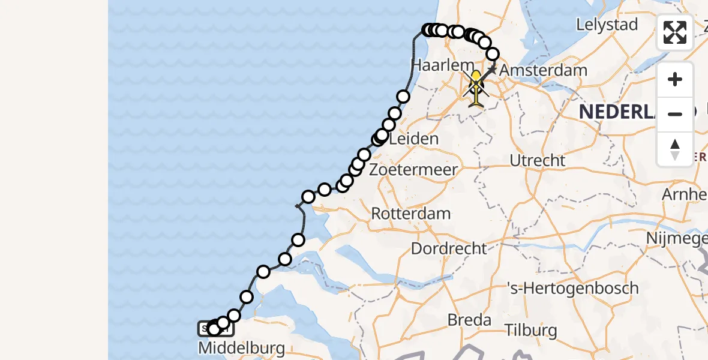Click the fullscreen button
tap(675, 32)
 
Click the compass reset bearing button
tap(675, 149)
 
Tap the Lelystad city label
tap(606, 25)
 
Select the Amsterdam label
tap(543, 70)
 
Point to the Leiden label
tap(414, 139)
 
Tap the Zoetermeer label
tap(414, 169)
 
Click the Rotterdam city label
tap(411, 213)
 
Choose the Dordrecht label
tap(449, 247)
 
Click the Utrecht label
tap(537, 161)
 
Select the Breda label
tap(470, 320)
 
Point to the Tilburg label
tap(530, 330)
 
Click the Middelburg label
tap(241, 348)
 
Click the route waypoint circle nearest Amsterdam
tap(493, 55)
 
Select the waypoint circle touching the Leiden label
tap(382, 135)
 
